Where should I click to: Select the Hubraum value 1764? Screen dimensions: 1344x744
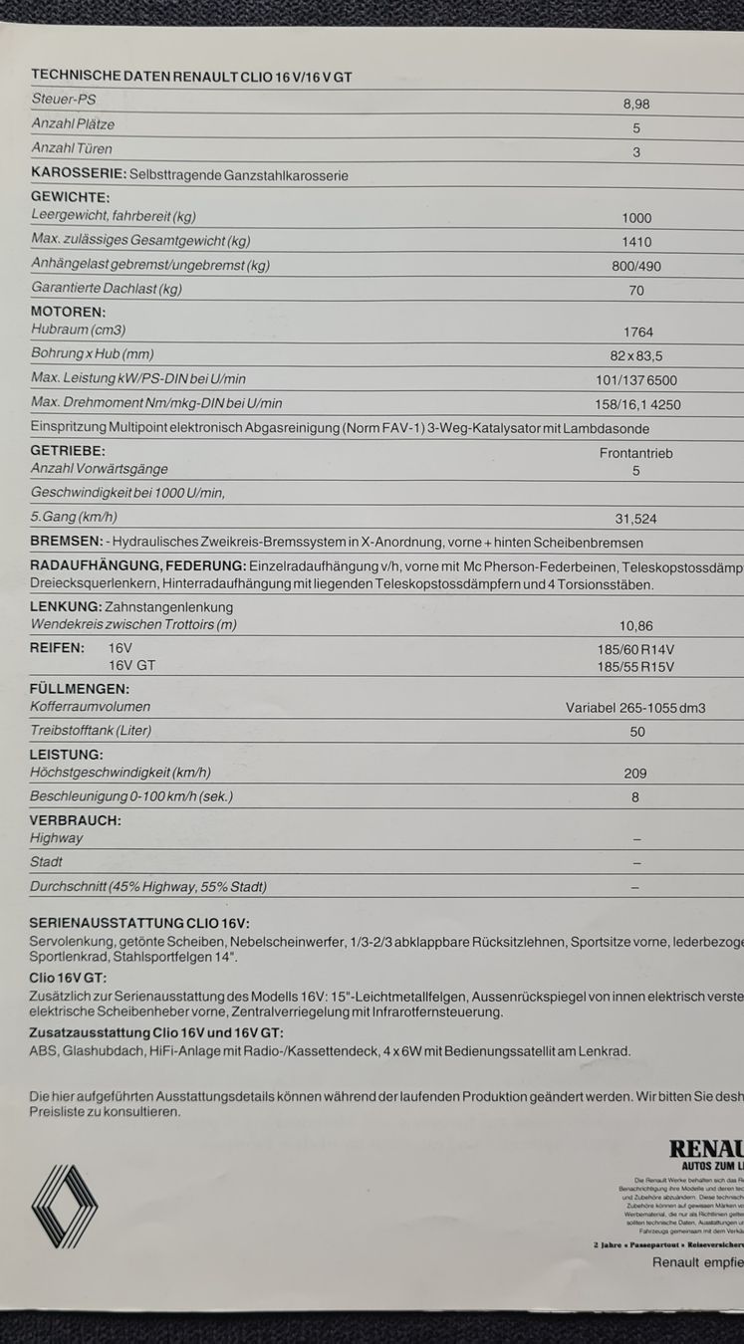637,333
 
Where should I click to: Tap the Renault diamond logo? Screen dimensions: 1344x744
65,1206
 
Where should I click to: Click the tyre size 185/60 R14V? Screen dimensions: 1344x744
636,650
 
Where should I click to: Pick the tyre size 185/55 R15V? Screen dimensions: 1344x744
636,667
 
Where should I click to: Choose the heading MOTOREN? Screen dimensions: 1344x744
68,312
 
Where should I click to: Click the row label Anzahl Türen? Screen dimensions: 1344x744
72,149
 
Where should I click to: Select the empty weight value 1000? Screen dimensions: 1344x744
636,219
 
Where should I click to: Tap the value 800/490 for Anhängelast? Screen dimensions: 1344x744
636,267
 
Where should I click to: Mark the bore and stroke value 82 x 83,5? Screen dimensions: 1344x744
636,356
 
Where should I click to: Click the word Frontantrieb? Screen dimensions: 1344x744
636,453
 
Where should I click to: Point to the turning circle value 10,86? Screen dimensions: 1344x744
636,626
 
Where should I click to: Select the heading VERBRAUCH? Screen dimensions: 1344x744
76,820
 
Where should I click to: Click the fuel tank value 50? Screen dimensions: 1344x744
637,733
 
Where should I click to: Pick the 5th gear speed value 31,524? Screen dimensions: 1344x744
636,520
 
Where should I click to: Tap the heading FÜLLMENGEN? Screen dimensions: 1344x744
80,689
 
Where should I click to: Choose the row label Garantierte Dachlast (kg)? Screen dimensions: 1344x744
107,289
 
